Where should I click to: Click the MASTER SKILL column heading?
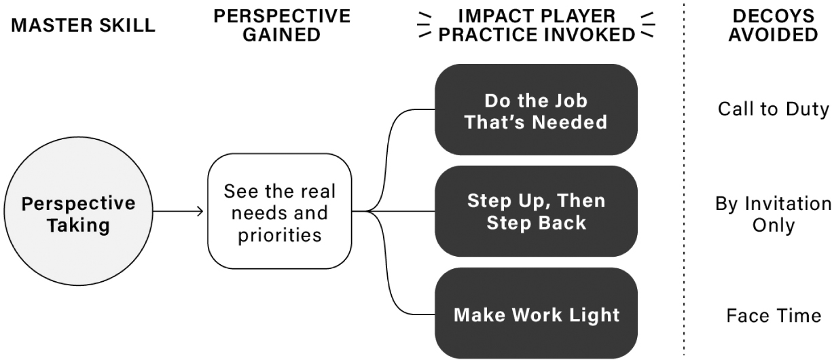point(83,26)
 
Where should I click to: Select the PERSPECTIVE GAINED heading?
point(282,25)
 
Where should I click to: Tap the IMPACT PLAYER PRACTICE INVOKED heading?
point(537,25)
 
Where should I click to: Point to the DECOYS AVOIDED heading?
point(774,25)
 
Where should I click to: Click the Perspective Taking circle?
point(78,211)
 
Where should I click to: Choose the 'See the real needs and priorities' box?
point(280,211)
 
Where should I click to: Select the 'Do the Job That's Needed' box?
point(536,109)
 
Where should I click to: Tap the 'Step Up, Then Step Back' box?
point(536,211)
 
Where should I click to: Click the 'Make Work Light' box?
point(536,313)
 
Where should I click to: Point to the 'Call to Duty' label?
point(774,109)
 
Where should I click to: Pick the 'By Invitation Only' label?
point(774,215)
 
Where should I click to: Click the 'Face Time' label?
point(774,316)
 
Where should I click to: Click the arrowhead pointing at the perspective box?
point(200,211)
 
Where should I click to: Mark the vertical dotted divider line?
point(684,179)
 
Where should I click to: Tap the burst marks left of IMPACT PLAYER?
point(424,25)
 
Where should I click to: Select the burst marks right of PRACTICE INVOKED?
point(648,25)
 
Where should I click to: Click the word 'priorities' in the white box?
point(280,236)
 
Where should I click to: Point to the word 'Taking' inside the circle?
point(78,226)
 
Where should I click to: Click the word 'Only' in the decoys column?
point(774,226)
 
